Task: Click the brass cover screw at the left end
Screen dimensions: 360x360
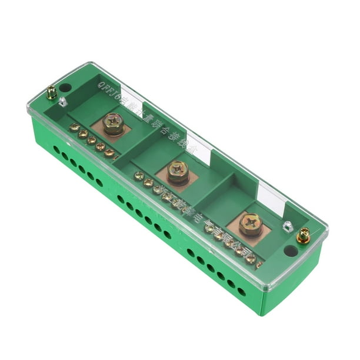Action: click(52, 92)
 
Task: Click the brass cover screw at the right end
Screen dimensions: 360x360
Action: click(303, 236)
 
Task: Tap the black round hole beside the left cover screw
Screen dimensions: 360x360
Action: click(65, 88)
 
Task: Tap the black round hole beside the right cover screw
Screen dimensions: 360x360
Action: click(290, 250)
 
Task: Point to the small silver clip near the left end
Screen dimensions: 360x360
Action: click(63, 101)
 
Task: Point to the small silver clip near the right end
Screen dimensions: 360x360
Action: click(287, 225)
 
